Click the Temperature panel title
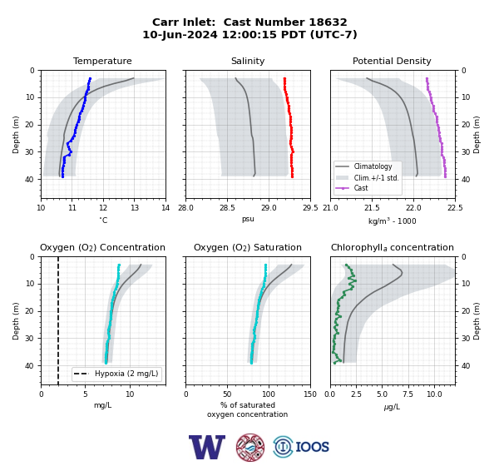tap(102, 61)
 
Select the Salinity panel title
tap(248, 61)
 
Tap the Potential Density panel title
tap(392, 61)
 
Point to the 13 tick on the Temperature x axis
tap(134, 208)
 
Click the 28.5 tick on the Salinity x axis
tap(227, 208)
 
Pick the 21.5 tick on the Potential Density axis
tap(372, 208)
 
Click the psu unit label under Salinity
tap(248, 219)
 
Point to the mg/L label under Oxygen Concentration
tap(102, 405)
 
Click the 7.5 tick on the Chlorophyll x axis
tap(408, 394)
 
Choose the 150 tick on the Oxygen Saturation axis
tap(310, 394)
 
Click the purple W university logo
tap(207, 447)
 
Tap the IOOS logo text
tap(312, 447)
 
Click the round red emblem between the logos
tap(250, 447)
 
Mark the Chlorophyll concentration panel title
tap(392, 247)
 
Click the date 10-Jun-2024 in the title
tap(180, 34)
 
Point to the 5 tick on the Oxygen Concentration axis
tap(86, 394)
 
